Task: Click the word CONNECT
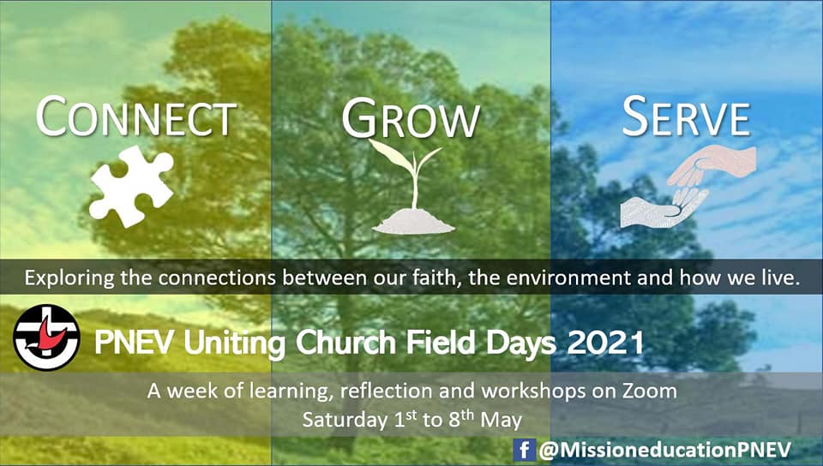pos(136,116)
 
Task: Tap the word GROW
pos(411,118)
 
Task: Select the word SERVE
pos(686,116)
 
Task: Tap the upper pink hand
pos(714,164)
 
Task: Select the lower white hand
pos(663,209)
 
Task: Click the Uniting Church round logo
pos(46,338)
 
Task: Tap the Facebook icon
pos(524,450)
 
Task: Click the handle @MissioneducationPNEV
pos(664,451)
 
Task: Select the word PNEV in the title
pos(136,343)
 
